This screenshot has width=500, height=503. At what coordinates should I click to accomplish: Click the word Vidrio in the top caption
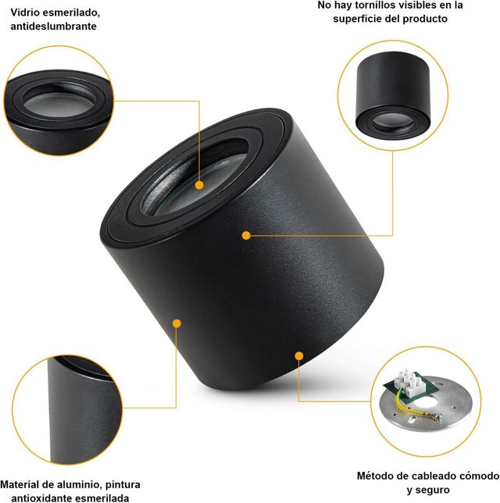coord(27,13)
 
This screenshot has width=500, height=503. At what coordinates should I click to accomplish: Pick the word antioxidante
coord(48,498)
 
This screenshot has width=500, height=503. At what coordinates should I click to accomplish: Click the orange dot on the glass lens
coord(199,185)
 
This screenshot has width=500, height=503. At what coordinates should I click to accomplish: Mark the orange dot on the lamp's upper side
coord(246,234)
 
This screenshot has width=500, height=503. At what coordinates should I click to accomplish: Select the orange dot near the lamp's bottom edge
coord(298,355)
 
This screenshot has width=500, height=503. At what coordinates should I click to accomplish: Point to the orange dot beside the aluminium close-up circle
coord(177,323)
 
